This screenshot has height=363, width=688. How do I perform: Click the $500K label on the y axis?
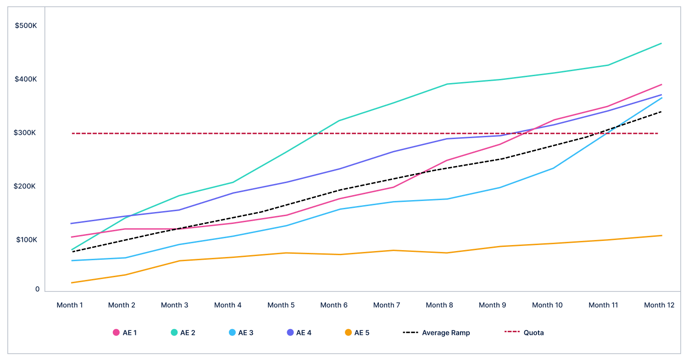tap(26, 26)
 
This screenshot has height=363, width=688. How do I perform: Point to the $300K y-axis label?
tap(26, 133)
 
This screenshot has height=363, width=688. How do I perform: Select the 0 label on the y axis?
tap(38, 289)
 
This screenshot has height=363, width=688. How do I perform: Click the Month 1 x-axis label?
tap(70, 305)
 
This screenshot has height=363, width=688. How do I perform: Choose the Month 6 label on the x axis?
tap(333, 305)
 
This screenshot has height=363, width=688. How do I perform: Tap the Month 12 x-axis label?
tap(659, 305)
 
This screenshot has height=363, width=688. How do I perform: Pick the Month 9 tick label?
tap(492, 305)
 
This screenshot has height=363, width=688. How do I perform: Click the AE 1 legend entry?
tap(125, 333)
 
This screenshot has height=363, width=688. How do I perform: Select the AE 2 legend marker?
tap(174, 333)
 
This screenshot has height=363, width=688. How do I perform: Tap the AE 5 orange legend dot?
tap(349, 333)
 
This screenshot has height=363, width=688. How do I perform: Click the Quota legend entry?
tap(524, 333)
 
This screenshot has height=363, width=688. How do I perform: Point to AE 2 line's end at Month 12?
tap(661, 44)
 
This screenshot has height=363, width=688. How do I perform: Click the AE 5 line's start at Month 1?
tap(72, 283)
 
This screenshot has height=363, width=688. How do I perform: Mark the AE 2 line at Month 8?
tap(447, 84)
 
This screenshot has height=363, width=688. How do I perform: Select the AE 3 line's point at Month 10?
tap(554, 168)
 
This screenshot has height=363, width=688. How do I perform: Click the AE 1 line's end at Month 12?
tap(661, 84)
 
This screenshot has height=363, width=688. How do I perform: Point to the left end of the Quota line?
tap(73, 134)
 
